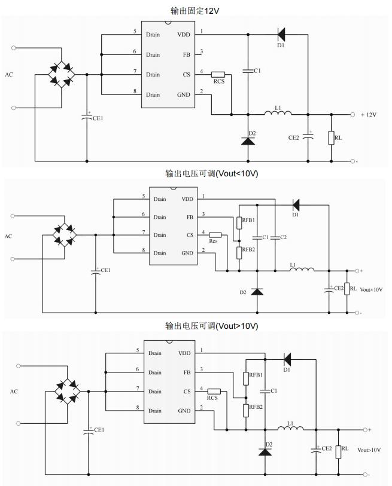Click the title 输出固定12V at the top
(196, 11)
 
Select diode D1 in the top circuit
(281, 34)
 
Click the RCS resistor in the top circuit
(218, 74)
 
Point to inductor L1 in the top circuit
(278, 114)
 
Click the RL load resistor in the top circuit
(331, 137)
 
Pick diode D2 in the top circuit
(248, 140)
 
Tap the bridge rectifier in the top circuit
(62, 74)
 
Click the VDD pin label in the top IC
(184, 34)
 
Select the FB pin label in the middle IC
(190, 217)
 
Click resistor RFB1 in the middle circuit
(239, 222)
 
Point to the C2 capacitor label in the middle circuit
(283, 237)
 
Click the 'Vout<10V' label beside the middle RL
(372, 290)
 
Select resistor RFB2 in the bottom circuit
(246, 409)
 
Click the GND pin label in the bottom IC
(184, 411)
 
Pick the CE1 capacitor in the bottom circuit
(89, 432)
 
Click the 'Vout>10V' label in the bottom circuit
(369, 450)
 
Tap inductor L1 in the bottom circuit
(290, 428)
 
